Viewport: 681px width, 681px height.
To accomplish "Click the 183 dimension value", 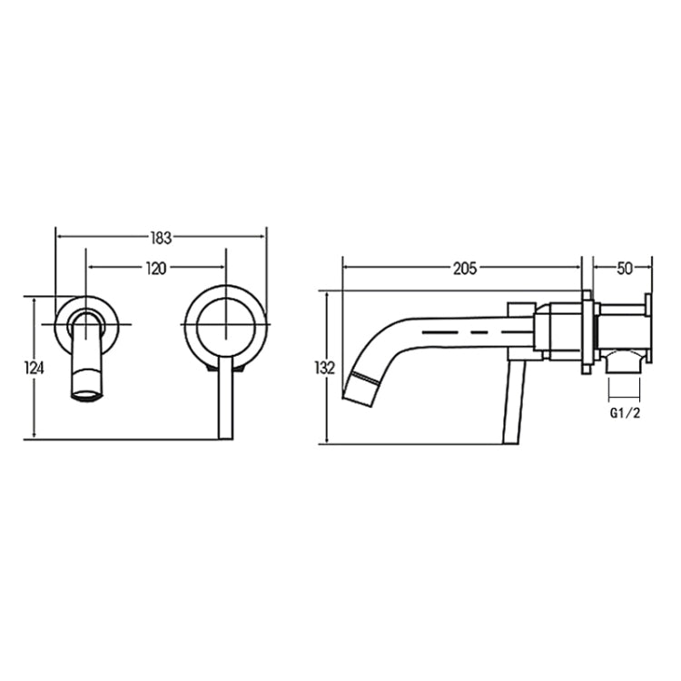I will pos(161,238).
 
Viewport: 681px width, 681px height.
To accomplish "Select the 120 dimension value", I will pos(156,268).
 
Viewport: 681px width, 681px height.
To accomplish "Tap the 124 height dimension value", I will pos(34,368).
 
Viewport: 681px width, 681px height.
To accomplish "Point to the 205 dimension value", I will pos(465,268).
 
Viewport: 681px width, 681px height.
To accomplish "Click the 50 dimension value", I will pos(624,268).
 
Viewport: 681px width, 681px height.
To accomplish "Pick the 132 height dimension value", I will pos(322,368).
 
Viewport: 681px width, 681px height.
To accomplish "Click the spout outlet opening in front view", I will pos(87,394).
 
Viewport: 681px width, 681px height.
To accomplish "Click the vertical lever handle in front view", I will pos(226,400).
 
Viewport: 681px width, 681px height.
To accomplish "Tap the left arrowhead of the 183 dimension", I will pos(60,238).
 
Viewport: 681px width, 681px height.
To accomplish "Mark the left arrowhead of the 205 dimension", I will pos(346,268).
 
